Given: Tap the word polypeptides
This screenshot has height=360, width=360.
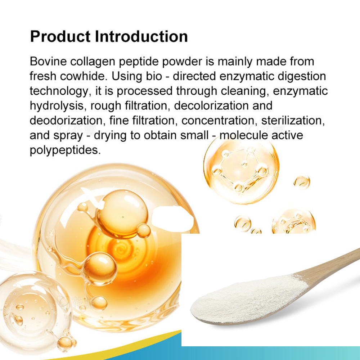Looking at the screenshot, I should point(64,150).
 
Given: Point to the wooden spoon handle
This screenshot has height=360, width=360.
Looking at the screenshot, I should point(335,263).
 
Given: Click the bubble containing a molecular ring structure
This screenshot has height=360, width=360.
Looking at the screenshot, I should point(241,167).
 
